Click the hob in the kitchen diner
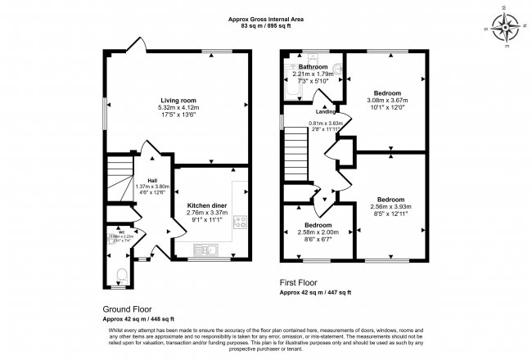point(241,221)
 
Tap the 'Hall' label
point(152,180)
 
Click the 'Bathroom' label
point(313,67)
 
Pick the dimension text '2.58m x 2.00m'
point(318,232)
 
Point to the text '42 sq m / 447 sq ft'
point(324,292)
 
